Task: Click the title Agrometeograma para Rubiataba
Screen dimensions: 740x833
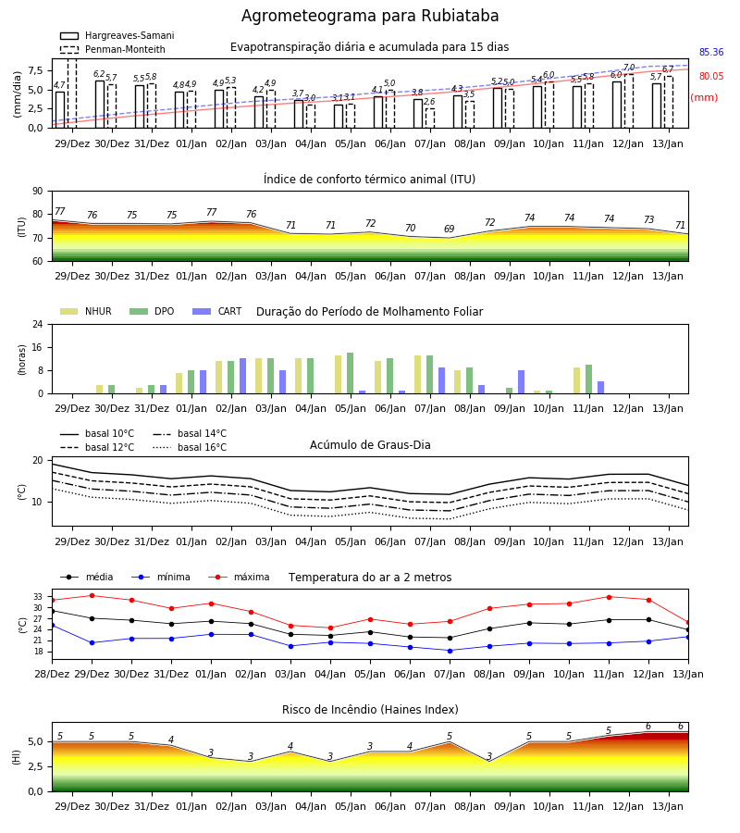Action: pyautogui.click(x=370, y=16)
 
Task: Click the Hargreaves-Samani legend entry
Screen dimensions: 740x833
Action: pyautogui.click(x=117, y=35)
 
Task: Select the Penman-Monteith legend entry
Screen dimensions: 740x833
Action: pyautogui.click(x=113, y=49)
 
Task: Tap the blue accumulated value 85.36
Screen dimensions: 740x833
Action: pyautogui.click(x=711, y=52)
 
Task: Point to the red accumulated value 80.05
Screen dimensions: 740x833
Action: pyautogui.click(x=711, y=76)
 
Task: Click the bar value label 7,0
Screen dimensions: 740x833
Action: pyautogui.click(x=629, y=68)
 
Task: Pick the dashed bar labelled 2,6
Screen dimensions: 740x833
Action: pyautogui.click(x=430, y=118)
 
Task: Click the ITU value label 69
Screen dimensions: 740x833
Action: pyautogui.click(x=450, y=229)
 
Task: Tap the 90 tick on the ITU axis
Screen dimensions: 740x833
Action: pyautogui.click(x=38, y=192)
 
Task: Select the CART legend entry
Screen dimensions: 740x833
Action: pyautogui.click(x=217, y=311)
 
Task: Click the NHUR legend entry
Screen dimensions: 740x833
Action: pyautogui.click(x=86, y=311)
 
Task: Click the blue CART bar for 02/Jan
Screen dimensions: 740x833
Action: pyautogui.click(x=243, y=376)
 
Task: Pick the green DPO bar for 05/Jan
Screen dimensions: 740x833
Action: pyautogui.click(x=351, y=374)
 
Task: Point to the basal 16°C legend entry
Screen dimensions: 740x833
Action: pyautogui.click(x=190, y=447)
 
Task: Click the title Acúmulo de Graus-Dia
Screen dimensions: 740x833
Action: pyautogui.click(x=370, y=445)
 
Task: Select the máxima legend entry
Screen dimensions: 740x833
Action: pyautogui.click(x=239, y=577)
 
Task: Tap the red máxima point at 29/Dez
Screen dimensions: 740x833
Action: pyautogui.click(x=92, y=595)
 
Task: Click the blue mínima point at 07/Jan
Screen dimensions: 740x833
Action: pyautogui.click(x=450, y=651)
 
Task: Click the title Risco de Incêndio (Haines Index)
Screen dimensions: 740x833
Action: pyautogui.click(x=370, y=710)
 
